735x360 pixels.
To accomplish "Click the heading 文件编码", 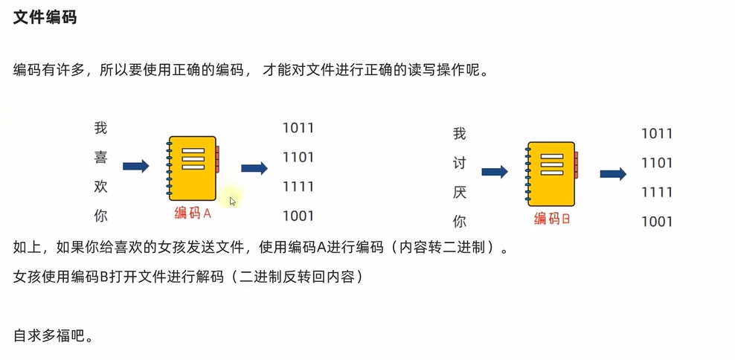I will (x=45, y=17).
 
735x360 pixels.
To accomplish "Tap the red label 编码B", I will (x=552, y=219).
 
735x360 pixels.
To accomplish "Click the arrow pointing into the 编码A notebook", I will (x=135, y=167).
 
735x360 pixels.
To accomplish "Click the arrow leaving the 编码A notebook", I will (x=254, y=168).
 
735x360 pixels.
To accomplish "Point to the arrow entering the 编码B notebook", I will (x=495, y=172).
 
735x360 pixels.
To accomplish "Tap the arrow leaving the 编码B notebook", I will (x=613, y=173).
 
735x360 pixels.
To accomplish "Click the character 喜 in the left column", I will (x=101, y=157).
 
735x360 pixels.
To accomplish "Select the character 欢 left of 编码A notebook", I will (x=101, y=187).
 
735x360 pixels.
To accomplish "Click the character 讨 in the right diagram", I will (x=460, y=163).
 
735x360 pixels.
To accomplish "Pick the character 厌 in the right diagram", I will (x=460, y=192).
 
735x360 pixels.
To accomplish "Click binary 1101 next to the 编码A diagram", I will (x=298, y=158).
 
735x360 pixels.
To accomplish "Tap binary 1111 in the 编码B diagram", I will (x=657, y=192).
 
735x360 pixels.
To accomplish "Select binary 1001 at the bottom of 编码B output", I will (x=657, y=221).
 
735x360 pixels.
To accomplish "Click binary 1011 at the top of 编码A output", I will (x=298, y=128).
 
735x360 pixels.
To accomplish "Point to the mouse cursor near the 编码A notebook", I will (x=232, y=200).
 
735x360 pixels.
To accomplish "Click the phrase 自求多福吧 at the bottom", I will (x=52, y=335).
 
